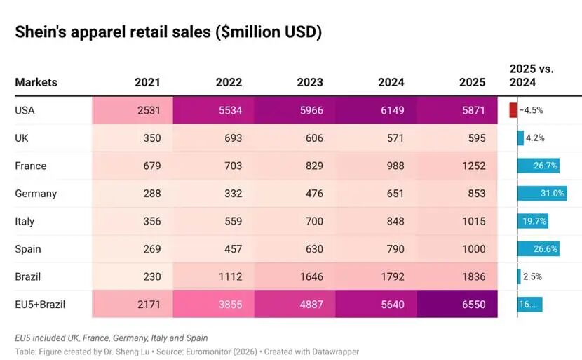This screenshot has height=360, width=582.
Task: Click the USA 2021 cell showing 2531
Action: click(x=133, y=110)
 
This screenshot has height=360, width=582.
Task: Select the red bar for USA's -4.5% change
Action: click(x=513, y=110)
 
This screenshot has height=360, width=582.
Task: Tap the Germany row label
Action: click(x=36, y=194)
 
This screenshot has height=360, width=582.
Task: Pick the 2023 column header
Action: click(x=310, y=82)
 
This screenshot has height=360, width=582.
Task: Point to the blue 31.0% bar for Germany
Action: click(x=542, y=193)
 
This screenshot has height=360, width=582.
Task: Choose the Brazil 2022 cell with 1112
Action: click(x=213, y=276)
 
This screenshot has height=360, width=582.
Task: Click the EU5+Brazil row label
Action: click(x=40, y=305)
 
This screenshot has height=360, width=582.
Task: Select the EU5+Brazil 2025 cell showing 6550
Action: click(x=457, y=305)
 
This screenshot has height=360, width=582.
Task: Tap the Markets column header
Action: click(x=36, y=82)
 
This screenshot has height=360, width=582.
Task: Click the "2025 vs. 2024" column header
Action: click(x=531, y=75)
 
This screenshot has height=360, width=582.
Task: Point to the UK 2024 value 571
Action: click(x=395, y=138)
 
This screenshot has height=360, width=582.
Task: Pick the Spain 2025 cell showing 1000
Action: click(x=457, y=249)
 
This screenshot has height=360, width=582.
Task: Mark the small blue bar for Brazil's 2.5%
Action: click(x=519, y=276)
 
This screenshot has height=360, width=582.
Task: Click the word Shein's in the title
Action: click(x=40, y=32)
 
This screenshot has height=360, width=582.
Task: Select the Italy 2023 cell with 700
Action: click(x=295, y=221)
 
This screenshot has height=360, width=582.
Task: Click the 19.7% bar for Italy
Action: click(x=533, y=221)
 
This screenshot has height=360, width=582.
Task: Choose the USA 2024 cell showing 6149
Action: click(x=376, y=110)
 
